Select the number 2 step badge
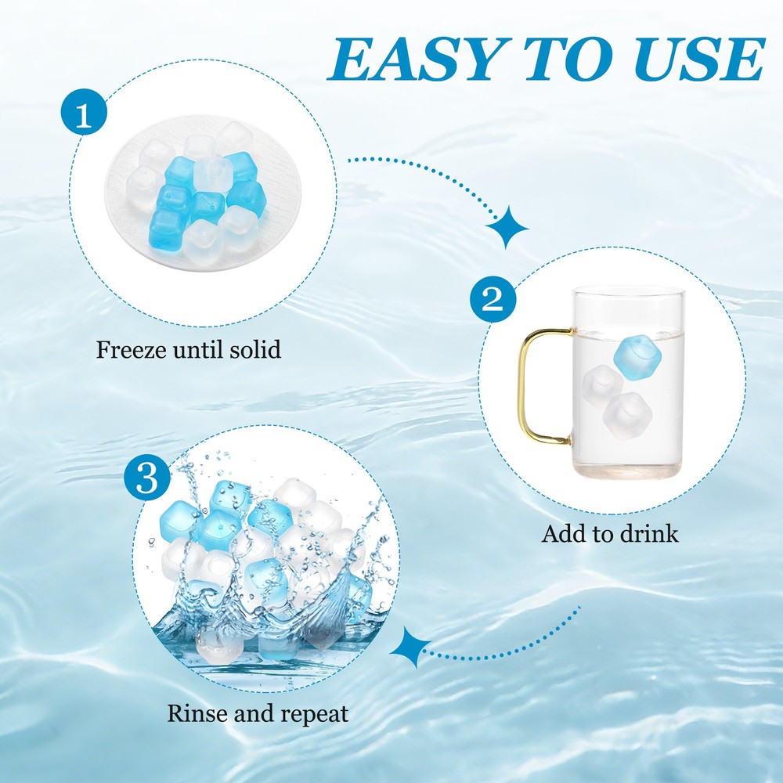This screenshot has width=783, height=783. [492, 301]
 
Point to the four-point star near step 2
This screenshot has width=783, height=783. [507, 228]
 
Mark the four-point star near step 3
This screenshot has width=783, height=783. [411, 648]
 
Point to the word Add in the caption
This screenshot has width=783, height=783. [560, 535]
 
